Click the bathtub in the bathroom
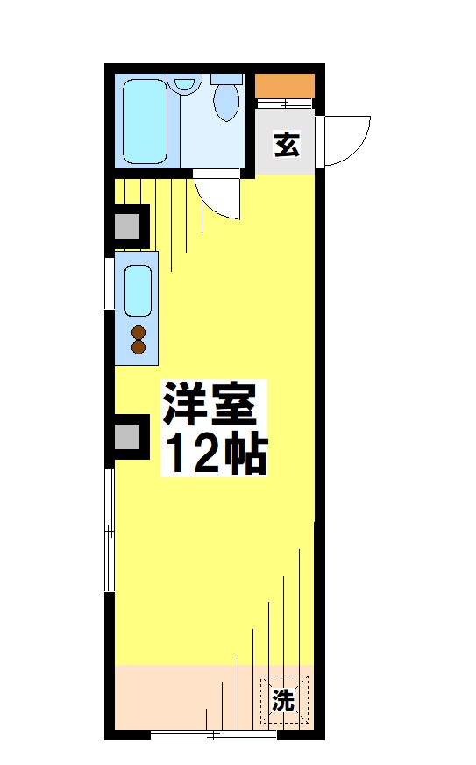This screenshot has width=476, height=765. click(145, 120)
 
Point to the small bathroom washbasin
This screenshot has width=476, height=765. click(183, 84)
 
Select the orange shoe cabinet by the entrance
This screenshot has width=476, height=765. click(284, 86)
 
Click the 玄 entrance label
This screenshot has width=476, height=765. click(287, 144)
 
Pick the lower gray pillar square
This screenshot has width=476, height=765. click(128, 436)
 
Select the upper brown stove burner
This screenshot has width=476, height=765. click(138, 332)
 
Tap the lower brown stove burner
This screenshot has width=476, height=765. click(138, 347)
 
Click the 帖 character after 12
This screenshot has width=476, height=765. click(245, 453)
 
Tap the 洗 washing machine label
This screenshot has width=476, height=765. click(282, 700)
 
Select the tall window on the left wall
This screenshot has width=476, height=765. click(110, 531)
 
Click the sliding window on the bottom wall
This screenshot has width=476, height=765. click(202, 735)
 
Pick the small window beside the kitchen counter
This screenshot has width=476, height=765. click(110, 282)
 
